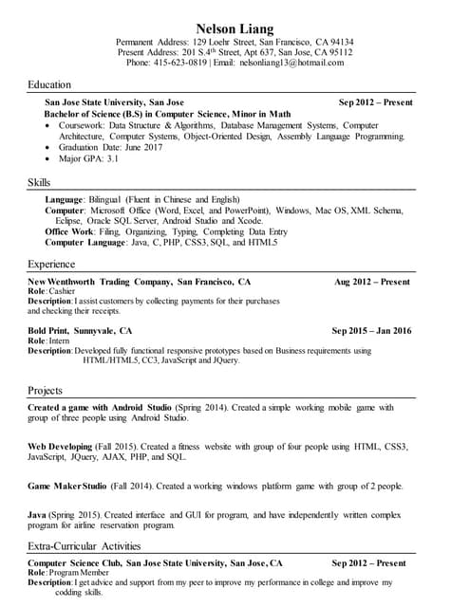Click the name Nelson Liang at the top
pos(235,27)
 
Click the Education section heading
pos(49,84)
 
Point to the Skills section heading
pos(39,181)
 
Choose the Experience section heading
pos(52,264)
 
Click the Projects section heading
pos(46,390)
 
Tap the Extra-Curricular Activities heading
pos(84,545)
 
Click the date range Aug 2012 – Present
pos(372,282)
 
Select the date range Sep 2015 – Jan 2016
pos(371,331)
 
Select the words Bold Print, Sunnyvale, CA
pos(80,331)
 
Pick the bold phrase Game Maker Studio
pos(67,487)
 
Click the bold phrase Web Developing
pos(61,446)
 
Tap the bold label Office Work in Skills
pos(68,231)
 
